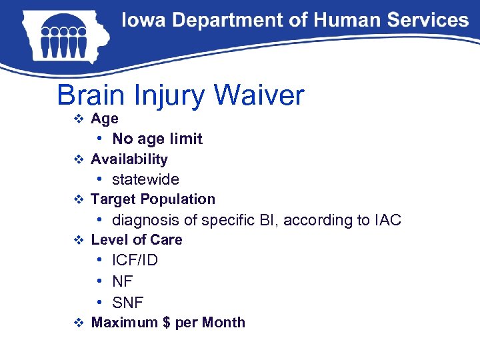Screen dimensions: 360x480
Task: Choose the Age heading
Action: pos(105,119)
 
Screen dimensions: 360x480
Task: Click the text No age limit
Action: pos(157,139)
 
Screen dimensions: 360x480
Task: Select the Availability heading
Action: pos(129,159)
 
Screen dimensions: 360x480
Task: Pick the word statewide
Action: pos(145,179)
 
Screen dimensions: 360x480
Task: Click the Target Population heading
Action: pos(153,199)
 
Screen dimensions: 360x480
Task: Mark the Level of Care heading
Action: pos(136,239)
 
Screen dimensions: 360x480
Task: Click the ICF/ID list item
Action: pos(135,260)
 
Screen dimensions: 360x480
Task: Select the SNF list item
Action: pos(127,303)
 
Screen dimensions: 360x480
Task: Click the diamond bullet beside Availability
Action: pos(78,159)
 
